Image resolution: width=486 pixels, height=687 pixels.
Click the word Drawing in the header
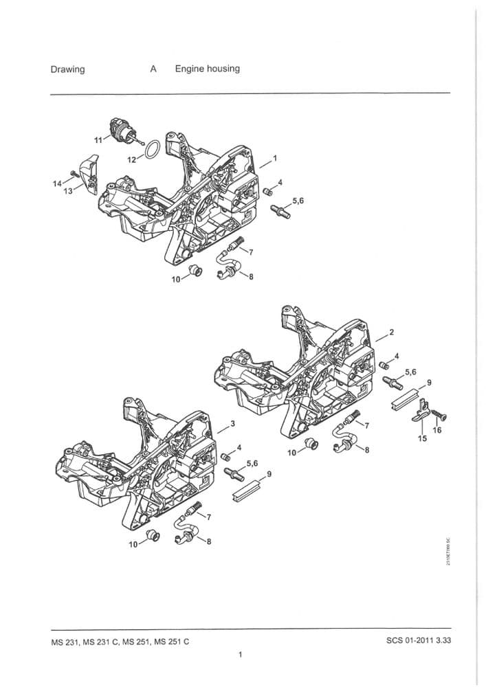coord(67,69)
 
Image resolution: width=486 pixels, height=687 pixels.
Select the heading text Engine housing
coord(207,69)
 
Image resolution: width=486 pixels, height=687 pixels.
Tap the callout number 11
coord(98,140)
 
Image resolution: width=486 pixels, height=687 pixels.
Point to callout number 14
coord(56,183)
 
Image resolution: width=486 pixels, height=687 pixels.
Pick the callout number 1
coord(275,158)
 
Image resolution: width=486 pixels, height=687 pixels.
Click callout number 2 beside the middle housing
coord(391,333)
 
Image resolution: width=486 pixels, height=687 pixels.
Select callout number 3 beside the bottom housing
coord(233,423)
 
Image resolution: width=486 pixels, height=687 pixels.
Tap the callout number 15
coord(422,438)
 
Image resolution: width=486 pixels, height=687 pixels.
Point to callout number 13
coord(67,191)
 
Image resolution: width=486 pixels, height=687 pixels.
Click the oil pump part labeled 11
coord(123,131)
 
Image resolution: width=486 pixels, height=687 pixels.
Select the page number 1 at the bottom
coord(240,655)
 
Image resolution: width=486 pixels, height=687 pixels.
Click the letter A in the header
coord(153,69)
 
